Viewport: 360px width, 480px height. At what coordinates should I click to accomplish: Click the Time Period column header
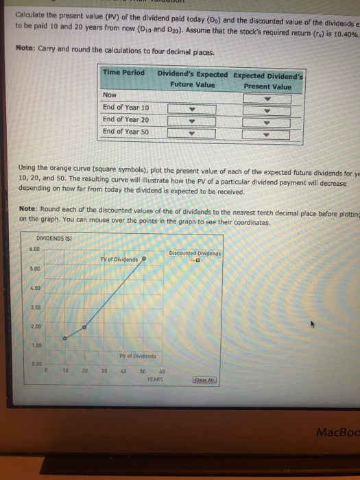click(x=123, y=73)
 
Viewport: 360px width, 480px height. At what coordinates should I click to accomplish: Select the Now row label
click(x=110, y=95)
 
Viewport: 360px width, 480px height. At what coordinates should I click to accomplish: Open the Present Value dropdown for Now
click(x=267, y=98)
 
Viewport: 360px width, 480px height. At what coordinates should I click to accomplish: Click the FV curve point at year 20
click(x=85, y=328)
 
